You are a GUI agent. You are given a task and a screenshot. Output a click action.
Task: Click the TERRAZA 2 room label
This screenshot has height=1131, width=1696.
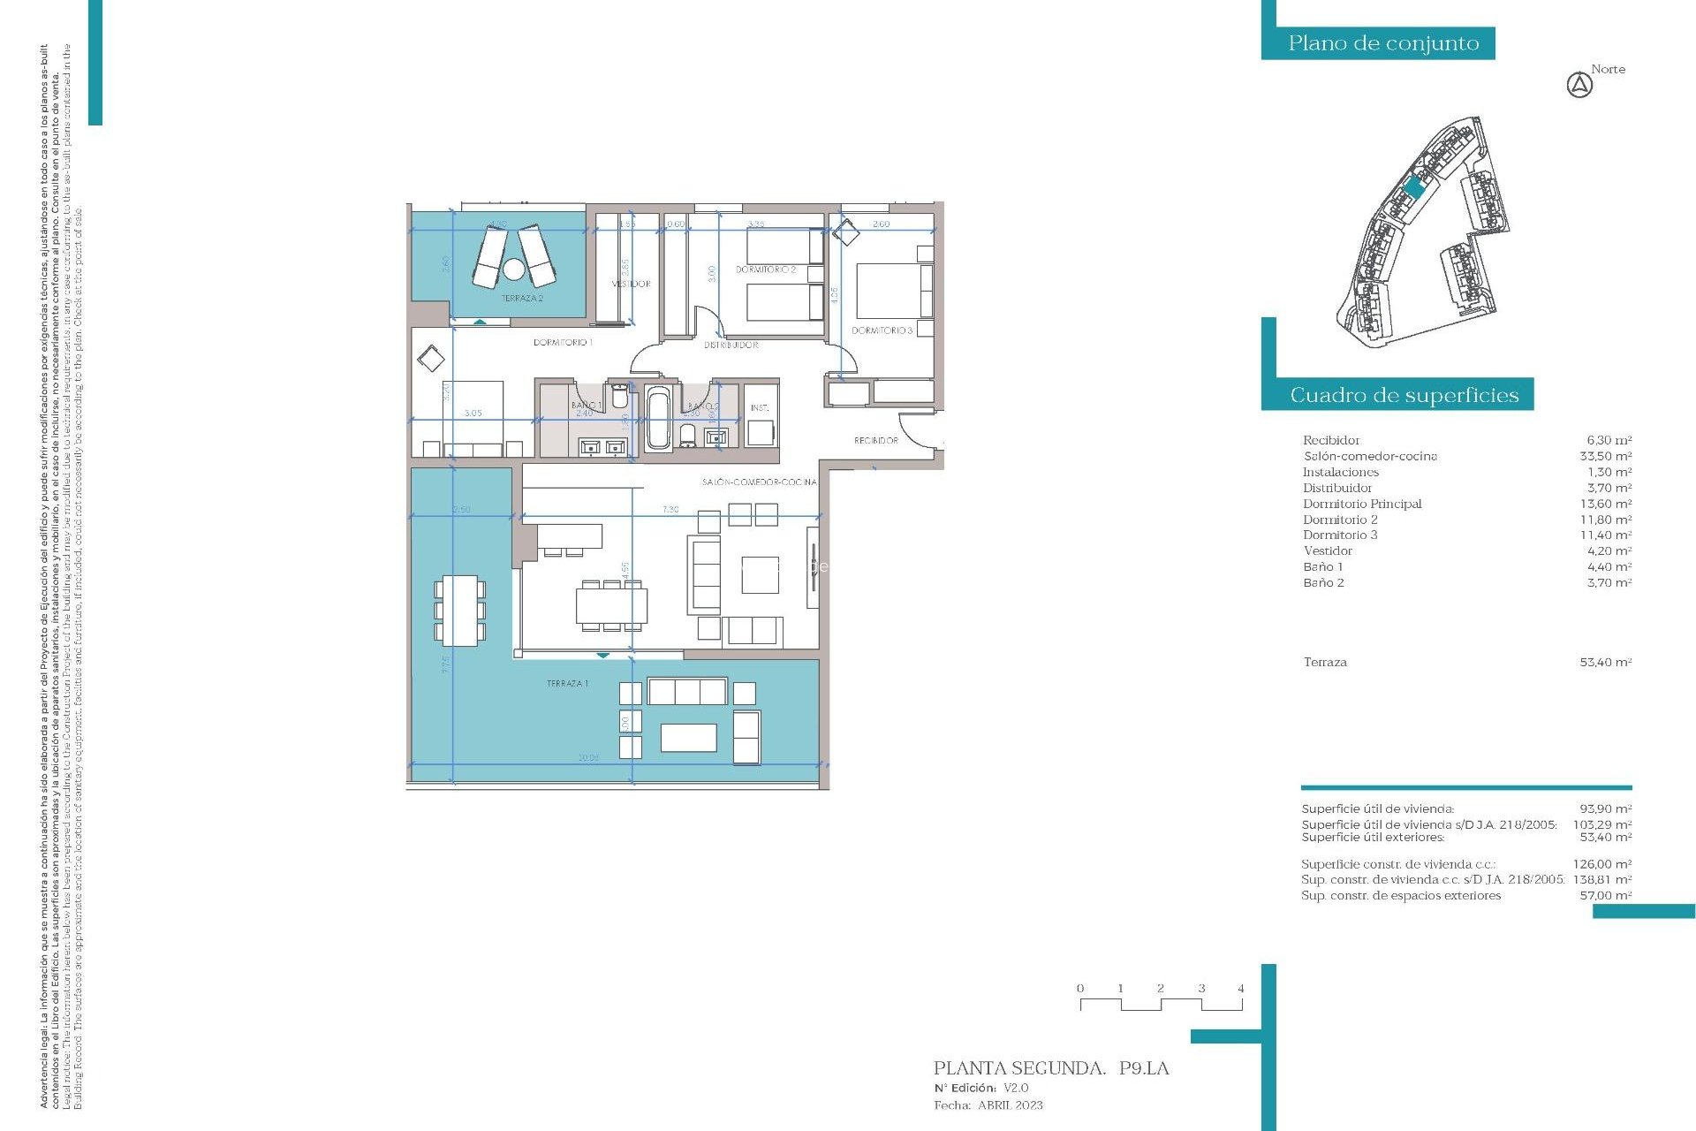(x=522, y=299)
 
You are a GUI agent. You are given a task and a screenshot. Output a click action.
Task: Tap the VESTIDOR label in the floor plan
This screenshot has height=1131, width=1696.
(x=631, y=284)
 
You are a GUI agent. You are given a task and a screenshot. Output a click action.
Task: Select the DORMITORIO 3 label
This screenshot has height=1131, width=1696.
(x=882, y=330)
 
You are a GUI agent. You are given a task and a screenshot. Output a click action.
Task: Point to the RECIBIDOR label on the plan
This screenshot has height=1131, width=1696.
(x=875, y=440)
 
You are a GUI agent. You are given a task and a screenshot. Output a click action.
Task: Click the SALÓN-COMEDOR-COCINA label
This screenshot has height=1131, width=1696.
(x=759, y=482)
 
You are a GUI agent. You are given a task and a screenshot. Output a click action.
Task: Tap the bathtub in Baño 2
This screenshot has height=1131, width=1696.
(x=657, y=420)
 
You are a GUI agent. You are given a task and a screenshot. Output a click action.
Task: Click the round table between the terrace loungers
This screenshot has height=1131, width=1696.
(x=514, y=268)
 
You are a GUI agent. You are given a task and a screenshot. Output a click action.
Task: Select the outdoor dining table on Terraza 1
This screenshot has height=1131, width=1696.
(x=458, y=610)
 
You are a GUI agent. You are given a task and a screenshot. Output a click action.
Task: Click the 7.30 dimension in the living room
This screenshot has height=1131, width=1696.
(x=670, y=510)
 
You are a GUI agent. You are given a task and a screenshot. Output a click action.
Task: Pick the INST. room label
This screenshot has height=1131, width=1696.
(x=760, y=408)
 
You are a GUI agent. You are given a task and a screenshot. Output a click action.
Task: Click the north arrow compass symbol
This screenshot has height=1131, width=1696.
(x=1579, y=86)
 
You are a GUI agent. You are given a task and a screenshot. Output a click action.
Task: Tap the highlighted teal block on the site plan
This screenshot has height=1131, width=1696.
(x=1414, y=187)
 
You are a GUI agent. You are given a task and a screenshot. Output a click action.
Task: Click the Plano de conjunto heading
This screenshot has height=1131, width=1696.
(x=1382, y=43)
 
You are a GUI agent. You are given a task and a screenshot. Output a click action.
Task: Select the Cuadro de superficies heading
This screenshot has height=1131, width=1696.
(x=1404, y=395)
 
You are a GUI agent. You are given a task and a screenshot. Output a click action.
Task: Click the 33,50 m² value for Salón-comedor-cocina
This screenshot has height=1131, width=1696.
(x=1605, y=456)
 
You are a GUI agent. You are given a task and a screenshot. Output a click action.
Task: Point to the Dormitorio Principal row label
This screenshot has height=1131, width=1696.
(x=1362, y=504)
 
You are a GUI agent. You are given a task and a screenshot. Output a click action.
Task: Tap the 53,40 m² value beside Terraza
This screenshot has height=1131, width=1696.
(x=1605, y=662)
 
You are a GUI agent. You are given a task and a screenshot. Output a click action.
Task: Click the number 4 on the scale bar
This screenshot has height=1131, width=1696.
(x=1240, y=989)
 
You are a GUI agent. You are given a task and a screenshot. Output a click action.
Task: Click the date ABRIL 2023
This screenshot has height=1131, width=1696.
(x=1010, y=1105)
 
